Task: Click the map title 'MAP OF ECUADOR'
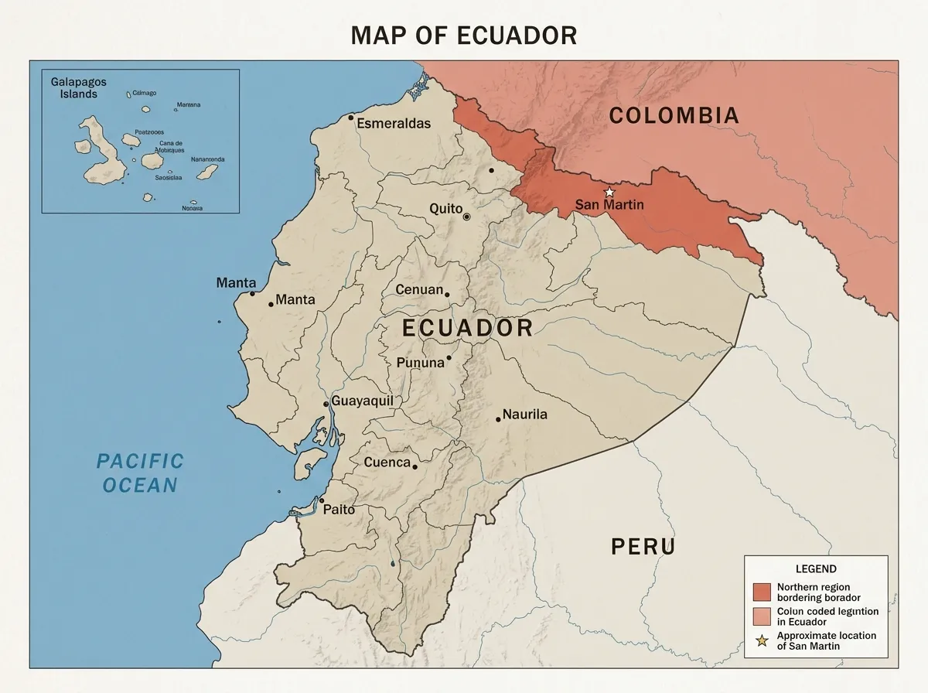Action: [464, 35]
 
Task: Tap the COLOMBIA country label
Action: [674, 116]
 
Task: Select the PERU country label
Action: [643, 547]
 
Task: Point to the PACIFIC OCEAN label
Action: [140, 473]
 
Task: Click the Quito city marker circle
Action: [466, 217]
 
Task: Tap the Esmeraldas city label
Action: [394, 124]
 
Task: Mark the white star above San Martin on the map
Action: [609, 191]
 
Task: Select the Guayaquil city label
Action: [362, 401]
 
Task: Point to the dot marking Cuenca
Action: [415, 467]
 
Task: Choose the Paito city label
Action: [339, 509]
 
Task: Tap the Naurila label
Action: [524, 415]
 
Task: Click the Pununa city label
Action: [420, 362]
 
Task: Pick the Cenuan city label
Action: [419, 290]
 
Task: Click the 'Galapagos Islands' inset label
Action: [74, 87]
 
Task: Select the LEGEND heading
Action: [816, 568]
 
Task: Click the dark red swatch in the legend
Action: [762, 592]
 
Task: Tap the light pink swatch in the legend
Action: [762, 616]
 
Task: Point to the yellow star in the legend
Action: [762, 640]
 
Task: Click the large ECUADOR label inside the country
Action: [468, 328]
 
